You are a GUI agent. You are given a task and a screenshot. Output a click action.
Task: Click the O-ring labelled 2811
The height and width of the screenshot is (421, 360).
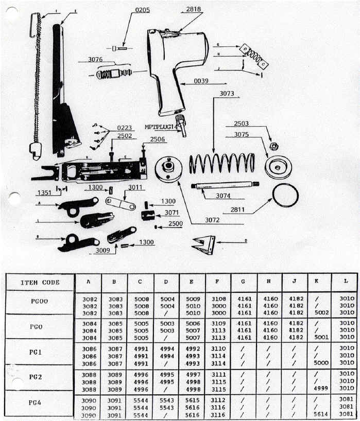pos(285,196)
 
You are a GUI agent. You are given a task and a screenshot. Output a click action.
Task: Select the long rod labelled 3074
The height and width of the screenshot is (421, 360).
pos(225,186)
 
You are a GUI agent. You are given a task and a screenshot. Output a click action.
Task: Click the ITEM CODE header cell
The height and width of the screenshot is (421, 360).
pos(40,282)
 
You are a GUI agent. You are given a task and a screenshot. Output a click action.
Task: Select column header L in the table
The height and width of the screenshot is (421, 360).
pos(346,282)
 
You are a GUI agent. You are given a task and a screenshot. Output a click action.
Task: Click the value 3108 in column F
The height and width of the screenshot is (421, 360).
pos(218,298)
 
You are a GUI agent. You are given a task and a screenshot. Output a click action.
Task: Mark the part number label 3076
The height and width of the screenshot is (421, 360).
pos(95,60)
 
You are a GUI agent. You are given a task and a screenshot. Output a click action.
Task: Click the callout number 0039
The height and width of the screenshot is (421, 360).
pos(201,81)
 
